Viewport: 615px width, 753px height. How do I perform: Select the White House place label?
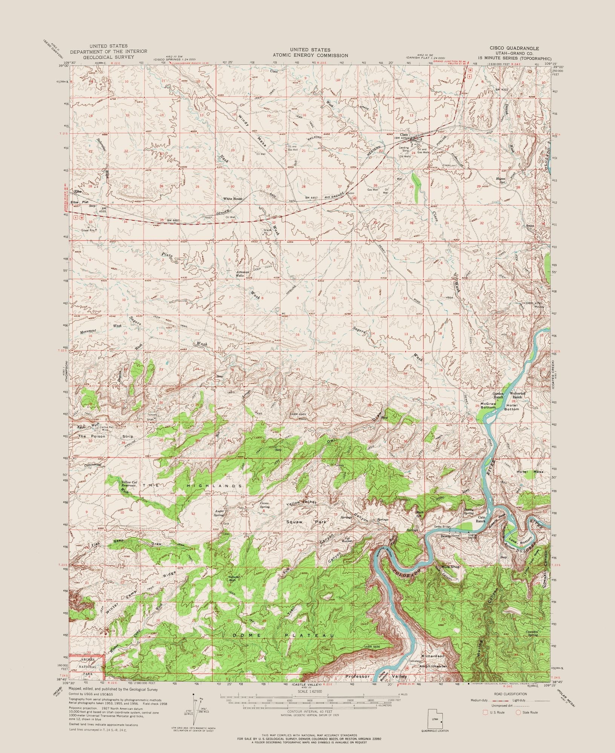point(233,198)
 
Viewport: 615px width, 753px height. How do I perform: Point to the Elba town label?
point(78,192)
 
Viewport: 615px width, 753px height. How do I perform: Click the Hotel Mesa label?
point(532,472)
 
